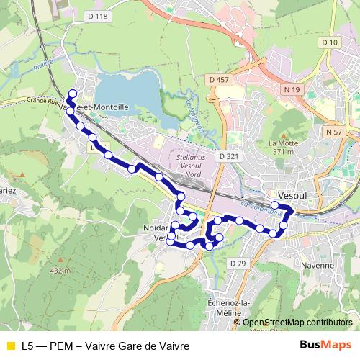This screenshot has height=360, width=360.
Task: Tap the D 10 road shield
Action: [330, 42]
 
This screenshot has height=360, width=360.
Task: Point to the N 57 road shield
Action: [333, 132]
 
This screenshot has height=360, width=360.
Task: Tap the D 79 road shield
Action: [238, 264]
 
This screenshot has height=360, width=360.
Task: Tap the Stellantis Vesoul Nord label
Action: [192, 164]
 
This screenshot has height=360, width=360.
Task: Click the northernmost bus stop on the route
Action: [72, 93]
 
